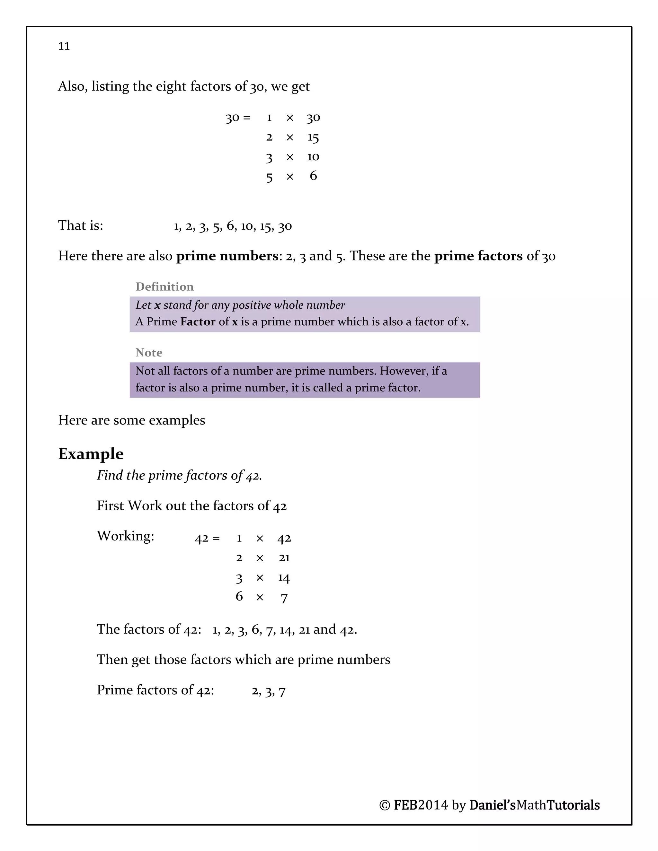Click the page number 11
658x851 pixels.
[64, 46]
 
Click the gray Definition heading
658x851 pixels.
[164, 287]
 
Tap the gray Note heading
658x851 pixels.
[149, 353]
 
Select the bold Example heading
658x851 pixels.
[91, 454]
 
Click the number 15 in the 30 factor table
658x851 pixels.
[313, 137]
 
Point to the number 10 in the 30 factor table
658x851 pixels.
[313, 157]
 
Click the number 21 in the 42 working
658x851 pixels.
[284, 558]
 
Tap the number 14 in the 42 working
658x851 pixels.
[284, 578]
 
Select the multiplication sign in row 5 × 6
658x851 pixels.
[289, 177]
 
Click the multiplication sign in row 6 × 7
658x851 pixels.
[260, 597]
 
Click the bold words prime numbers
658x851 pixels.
[227, 256]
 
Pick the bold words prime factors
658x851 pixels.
[478, 256]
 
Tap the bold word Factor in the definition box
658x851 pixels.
[198, 322]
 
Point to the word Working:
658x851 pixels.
[126, 536]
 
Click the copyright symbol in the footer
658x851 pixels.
[384, 805]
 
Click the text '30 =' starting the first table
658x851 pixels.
[238, 118]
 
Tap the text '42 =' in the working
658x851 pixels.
[207, 539]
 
